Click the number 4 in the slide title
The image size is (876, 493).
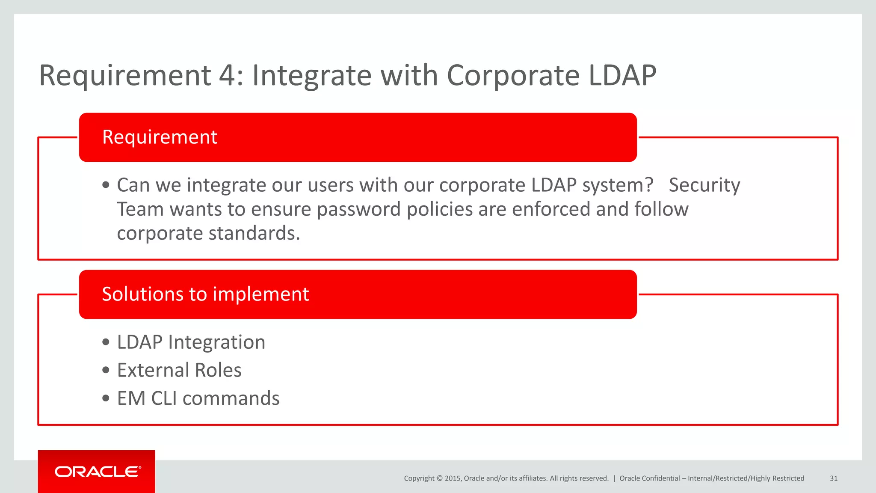coord(227,76)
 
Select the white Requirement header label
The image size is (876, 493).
coord(160,137)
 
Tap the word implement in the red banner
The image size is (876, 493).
coord(260,294)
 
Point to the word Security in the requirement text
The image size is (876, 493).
coord(704,185)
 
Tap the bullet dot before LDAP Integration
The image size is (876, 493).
coord(106,342)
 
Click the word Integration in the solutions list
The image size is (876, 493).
coord(216,342)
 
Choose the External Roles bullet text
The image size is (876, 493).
coord(179,370)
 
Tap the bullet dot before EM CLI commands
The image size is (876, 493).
coord(106,398)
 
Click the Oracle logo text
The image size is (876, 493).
coord(97,472)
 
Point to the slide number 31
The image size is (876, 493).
coord(833,478)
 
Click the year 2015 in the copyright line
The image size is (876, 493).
coord(453,478)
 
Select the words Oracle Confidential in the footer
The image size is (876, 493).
coord(649,478)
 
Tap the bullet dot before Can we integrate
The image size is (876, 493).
coord(106,185)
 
